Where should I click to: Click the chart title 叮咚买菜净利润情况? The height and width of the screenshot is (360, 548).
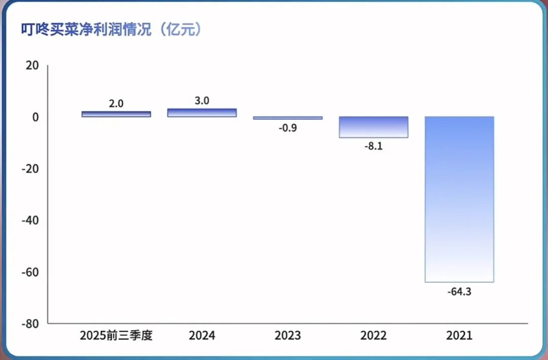tap(86, 29)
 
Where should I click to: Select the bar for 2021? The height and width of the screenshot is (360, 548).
tap(459, 199)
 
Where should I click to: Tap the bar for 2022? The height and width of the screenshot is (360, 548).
tap(373, 127)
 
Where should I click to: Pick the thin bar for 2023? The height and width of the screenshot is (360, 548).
tap(288, 118)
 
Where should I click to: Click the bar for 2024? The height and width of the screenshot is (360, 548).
tap(202, 113)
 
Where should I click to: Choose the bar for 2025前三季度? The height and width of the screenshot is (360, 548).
tap(116, 114)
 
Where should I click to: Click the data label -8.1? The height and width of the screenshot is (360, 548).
tap(373, 148)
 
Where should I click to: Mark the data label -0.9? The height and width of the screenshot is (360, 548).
tap(288, 128)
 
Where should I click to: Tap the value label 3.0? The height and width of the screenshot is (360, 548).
tap(202, 101)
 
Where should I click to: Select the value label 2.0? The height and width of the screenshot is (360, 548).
tap(116, 103)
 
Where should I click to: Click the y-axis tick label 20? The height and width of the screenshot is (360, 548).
tap(32, 65)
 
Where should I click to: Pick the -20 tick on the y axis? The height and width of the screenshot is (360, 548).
tap(31, 169)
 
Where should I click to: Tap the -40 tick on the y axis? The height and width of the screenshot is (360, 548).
tap(31, 220)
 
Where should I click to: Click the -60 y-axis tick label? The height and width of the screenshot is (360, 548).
tap(31, 272)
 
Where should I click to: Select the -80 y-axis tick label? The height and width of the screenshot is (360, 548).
tap(31, 323)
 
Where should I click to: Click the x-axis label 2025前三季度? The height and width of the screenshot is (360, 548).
tap(116, 336)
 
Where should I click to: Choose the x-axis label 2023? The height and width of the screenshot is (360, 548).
tap(288, 336)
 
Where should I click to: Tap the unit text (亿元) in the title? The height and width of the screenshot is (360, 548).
tap(180, 29)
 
